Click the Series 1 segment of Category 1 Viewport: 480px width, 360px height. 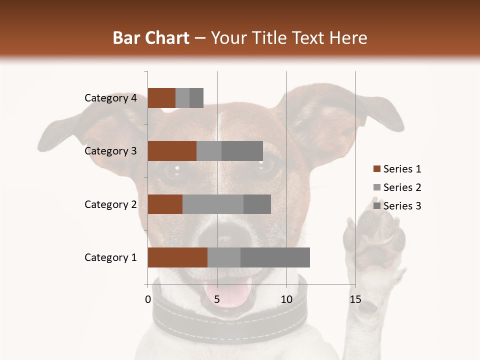click(177, 257)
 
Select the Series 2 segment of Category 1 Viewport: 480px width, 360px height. click(224, 257)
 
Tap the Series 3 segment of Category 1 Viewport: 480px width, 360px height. click(275, 257)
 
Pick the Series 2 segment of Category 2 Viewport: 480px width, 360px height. click(213, 204)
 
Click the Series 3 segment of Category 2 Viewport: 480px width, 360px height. click(257, 204)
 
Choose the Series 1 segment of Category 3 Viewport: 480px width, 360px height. click(172, 151)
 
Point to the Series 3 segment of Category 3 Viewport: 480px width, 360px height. click(242, 151)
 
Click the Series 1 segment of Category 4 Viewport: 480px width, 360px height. click(161, 98)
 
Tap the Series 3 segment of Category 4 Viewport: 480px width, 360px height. click(196, 98)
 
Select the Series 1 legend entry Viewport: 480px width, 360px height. click(397, 169)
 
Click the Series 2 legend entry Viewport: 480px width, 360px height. click(397, 187)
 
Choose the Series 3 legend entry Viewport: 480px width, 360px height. click(397, 206)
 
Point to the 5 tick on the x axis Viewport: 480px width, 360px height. click(217, 299)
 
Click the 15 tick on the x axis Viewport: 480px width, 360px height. click(355, 299)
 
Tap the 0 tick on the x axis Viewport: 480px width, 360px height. click(148, 299)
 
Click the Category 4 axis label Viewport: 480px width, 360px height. click(110, 98)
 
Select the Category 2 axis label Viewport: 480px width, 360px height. click(110, 204)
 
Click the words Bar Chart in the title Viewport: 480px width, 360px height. click(150, 37)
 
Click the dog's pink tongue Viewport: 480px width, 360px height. click(234, 295)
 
